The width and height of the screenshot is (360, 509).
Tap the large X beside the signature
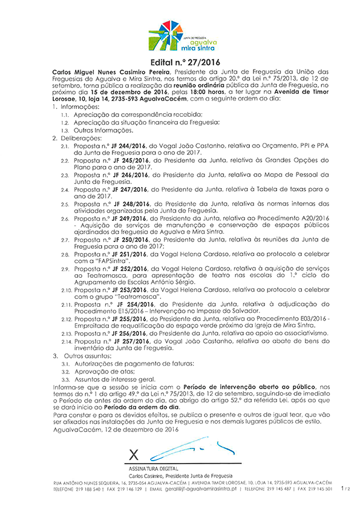tap(135, 453)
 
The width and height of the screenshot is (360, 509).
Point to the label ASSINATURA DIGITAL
tap(151, 469)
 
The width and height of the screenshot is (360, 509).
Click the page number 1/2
tap(345, 487)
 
